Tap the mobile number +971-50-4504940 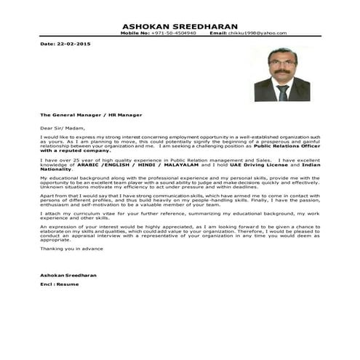click(178, 33)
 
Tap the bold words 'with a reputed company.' click(73, 150)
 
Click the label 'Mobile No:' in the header click(136, 33)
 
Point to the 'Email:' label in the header click(218, 33)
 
